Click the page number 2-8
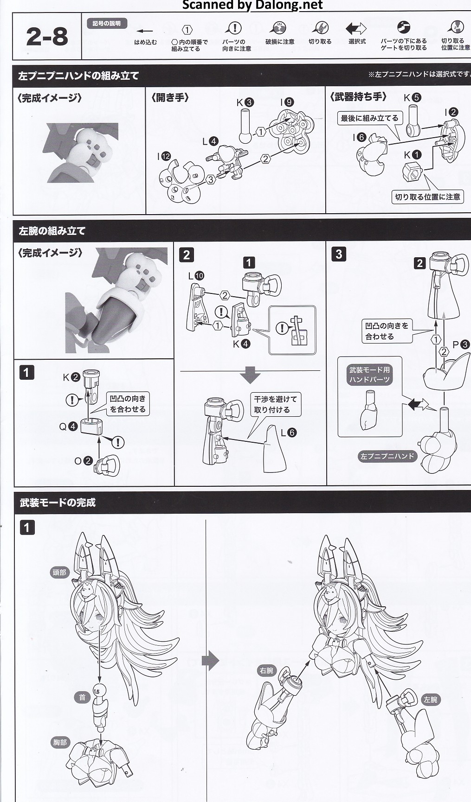point(47,37)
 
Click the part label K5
point(412,97)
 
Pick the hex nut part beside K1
point(411,173)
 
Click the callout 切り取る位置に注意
point(427,197)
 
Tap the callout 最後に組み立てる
point(369,118)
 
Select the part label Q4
point(68,426)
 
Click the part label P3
point(461,344)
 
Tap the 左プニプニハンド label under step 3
point(387,456)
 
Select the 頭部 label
point(59,573)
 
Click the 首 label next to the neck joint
point(82,697)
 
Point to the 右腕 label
point(266,670)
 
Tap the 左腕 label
point(430,700)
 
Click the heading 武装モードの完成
point(58,503)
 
